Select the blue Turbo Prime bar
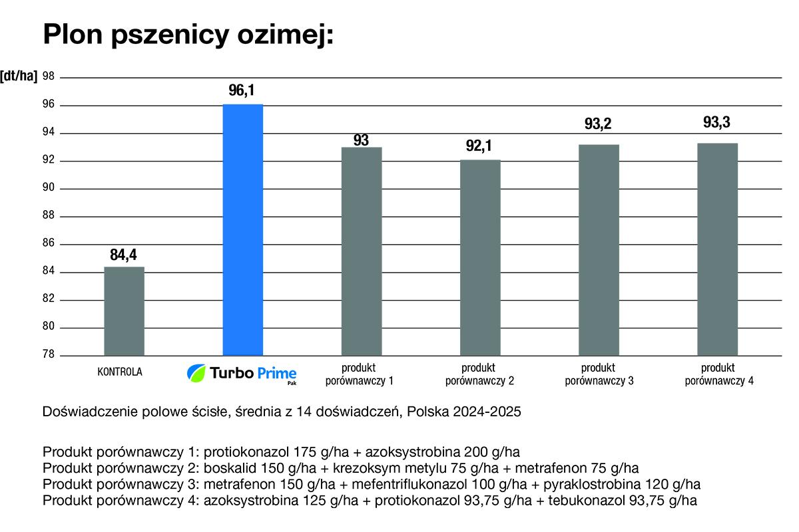242,229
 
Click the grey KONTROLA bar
124,311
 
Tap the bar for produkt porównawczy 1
362,251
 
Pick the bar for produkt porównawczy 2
480,257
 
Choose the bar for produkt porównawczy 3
599,250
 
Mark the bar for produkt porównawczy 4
717,249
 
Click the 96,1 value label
242,91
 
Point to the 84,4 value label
123,254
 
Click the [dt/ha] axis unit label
19,76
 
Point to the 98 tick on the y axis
48,76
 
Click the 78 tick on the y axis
48,355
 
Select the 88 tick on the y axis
48,216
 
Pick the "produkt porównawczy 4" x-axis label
717,374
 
